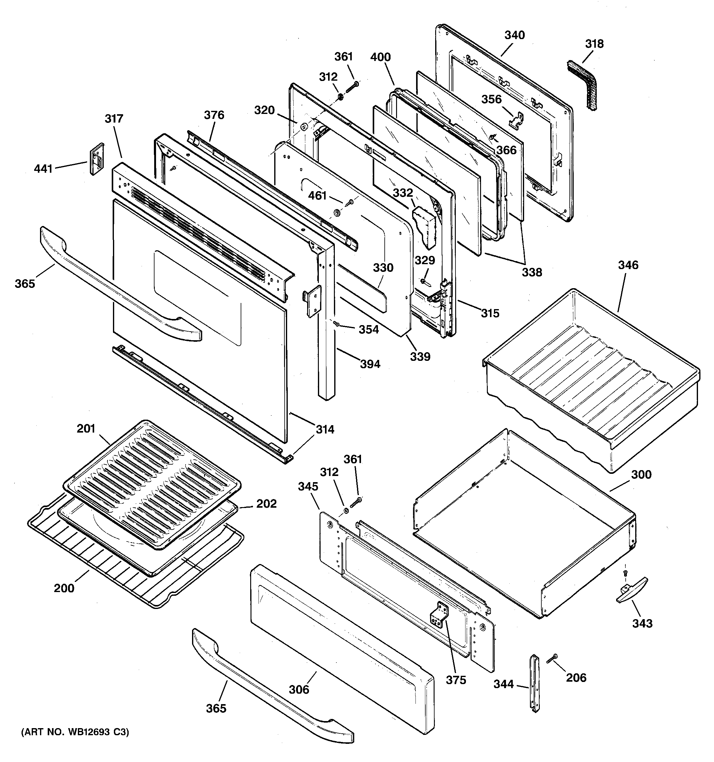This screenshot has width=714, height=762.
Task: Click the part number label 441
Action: (43, 168)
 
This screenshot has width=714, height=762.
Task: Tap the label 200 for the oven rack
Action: (64, 588)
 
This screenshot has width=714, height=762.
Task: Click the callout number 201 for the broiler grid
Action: (86, 428)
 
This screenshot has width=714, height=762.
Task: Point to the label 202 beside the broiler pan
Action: (266, 503)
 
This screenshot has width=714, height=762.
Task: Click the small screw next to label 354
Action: (336, 324)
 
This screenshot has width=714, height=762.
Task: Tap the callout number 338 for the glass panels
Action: (532, 272)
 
